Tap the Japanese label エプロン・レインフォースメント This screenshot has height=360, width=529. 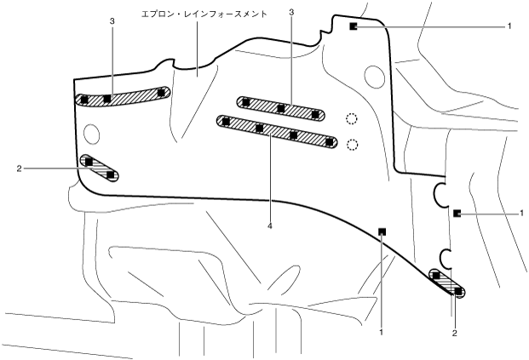coord(204,14)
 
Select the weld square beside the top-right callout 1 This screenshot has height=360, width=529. coord(352,26)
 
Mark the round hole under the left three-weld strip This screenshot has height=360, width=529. coord(92,132)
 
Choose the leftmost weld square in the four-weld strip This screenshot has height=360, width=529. coord(226,122)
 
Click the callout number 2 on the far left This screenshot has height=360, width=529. coord(18,168)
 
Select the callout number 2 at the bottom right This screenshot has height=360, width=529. coord(455,333)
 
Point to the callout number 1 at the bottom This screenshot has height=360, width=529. coord(382,332)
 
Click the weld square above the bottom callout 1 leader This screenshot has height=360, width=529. coord(382,230)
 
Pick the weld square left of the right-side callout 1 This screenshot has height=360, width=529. coord(457,212)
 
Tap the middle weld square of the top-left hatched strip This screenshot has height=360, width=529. coord(107,99)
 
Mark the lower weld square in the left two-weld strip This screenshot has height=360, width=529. coord(110,174)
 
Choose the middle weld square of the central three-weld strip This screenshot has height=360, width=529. coord(280,108)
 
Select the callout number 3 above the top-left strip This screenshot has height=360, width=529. coord(112,20)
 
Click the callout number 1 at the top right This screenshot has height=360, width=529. coord(509,26)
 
